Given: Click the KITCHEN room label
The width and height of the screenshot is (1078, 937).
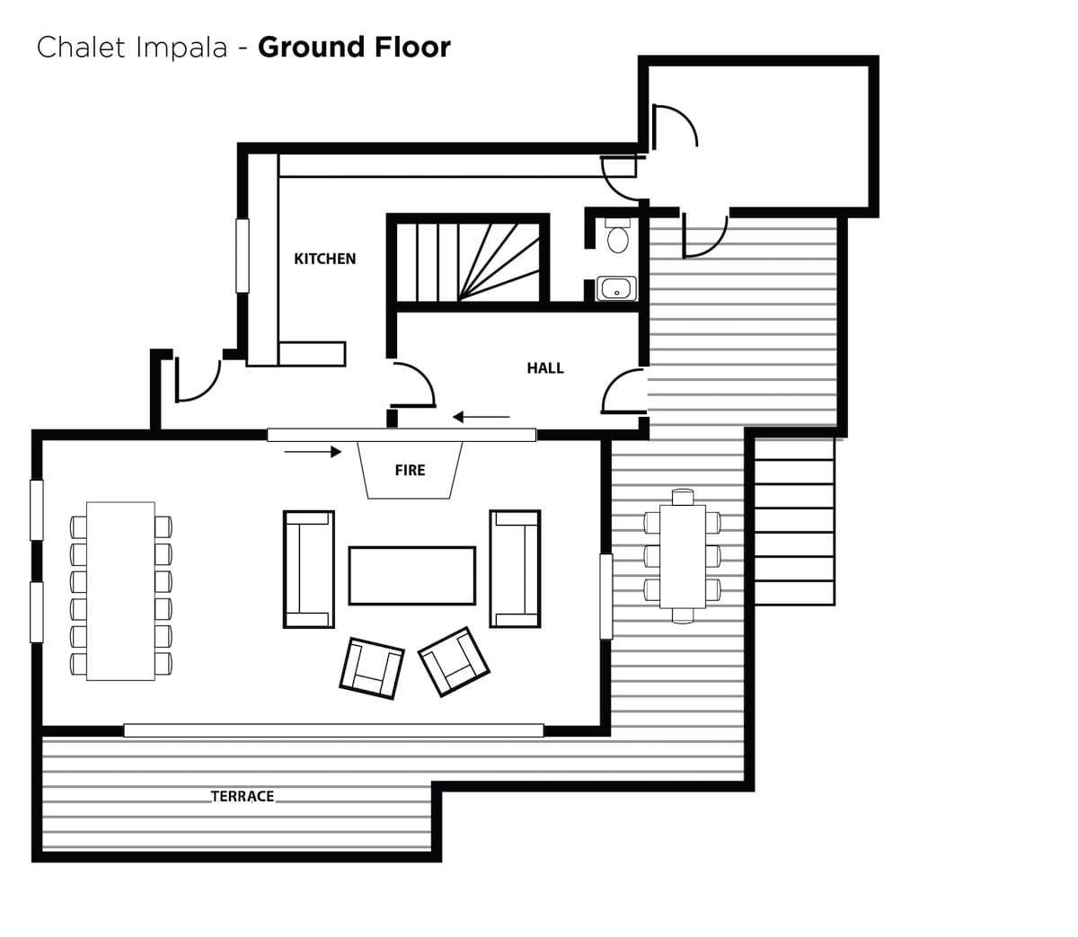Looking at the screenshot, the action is point(324,259).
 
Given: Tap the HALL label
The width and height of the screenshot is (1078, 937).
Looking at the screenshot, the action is point(545,367).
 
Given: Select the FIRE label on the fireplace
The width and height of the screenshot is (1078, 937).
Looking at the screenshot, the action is point(410,470).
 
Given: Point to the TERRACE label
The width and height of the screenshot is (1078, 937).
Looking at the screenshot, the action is point(243,796).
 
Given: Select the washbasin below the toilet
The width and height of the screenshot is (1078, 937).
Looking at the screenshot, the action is point(616,288).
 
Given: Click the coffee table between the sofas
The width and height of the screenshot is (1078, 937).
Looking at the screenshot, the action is point(412,576).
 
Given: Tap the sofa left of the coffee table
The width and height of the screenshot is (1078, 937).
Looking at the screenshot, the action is point(309,569).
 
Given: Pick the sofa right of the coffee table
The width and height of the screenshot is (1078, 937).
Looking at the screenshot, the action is point(515,569).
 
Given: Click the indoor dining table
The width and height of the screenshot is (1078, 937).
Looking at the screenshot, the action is point(120,591).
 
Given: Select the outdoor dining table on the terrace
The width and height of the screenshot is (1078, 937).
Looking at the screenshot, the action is point(683,556).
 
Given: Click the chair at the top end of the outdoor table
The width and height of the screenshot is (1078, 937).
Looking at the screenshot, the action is point(683,497).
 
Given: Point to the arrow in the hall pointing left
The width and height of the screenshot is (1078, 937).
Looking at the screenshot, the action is point(481,417).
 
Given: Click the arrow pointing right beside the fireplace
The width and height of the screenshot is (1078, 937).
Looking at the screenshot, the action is point(313,451).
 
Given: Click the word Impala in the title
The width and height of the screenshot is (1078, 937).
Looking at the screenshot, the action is point(181,47).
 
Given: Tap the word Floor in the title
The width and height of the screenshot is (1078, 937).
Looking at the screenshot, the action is point(412,47).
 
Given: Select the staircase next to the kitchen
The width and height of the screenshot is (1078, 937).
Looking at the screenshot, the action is point(468,261).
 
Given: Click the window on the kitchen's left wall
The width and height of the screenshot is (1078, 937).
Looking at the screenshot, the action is point(243,255).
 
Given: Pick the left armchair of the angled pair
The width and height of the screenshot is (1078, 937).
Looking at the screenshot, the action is point(371,667).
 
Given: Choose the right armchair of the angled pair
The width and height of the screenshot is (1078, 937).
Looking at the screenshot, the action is point(454,661).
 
